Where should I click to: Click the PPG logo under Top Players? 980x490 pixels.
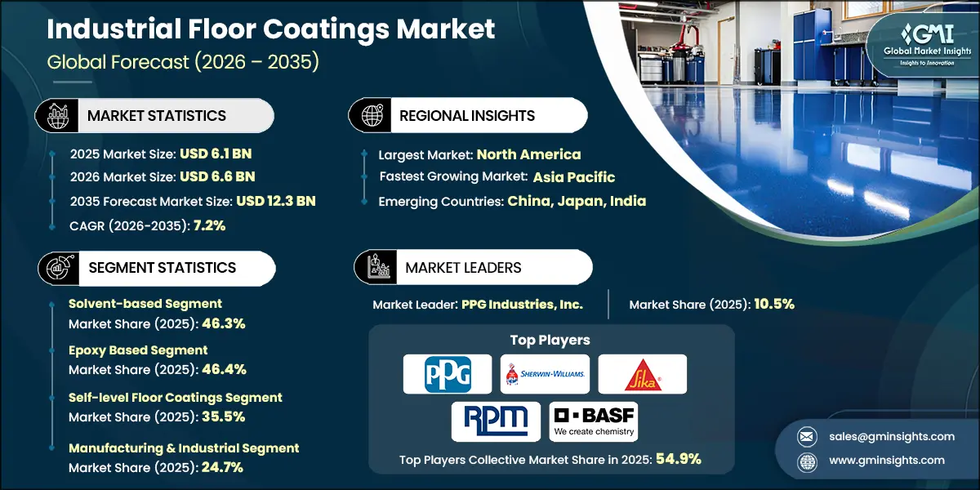[x=448, y=374]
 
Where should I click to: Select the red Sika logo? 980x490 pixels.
[x=642, y=374]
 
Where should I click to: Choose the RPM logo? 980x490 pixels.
[x=496, y=421]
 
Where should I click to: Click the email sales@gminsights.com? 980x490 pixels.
[x=881, y=436]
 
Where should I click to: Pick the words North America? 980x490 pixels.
[x=528, y=154]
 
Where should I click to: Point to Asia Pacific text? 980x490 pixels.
[x=574, y=177]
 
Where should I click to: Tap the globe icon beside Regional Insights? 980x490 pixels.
[x=371, y=116]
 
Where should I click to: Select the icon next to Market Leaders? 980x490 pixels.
[x=377, y=267]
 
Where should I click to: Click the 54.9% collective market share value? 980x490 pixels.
[x=677, y=459]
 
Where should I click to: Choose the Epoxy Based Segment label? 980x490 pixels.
[x=138, y=350]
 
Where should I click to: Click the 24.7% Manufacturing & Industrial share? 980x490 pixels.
[x=220, y=467]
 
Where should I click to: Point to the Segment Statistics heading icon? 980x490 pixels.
[x=56, y=268]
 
